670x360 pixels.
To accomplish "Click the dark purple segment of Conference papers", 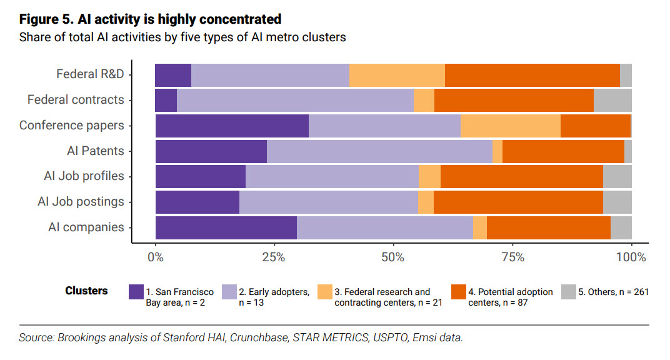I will click(x=232, y=126).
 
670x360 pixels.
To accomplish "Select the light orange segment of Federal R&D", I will click(x=397, y=75).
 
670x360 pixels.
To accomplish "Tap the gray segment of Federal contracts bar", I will click(x=612, y=100).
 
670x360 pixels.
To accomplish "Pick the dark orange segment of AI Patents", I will click(x=563, y=151).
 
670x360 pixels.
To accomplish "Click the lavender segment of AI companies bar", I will click(x=385, y=227).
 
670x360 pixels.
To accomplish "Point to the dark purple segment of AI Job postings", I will click(x=197, y=202).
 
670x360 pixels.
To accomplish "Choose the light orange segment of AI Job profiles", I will click(x=429, y=177).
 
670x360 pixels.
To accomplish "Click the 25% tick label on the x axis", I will click(x=274, y=257).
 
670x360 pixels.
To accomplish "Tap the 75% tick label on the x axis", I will click(x=512, y=257).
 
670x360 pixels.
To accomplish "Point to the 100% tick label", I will click(x=631, y=257).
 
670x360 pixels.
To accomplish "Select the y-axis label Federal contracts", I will click(x=76, y=100).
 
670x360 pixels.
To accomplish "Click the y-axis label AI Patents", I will click(x=96, y=151).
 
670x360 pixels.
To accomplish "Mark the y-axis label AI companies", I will click(x=86, y=227).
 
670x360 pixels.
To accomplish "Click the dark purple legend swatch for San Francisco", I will click(x=136, y=292).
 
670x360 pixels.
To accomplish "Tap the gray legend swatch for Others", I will click(x=568, y=292).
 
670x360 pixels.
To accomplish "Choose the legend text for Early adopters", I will click(x=274, y=297).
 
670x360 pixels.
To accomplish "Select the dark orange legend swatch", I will click(x=458, y=292).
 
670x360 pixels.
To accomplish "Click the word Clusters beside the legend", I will click(x=86, y=291).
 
